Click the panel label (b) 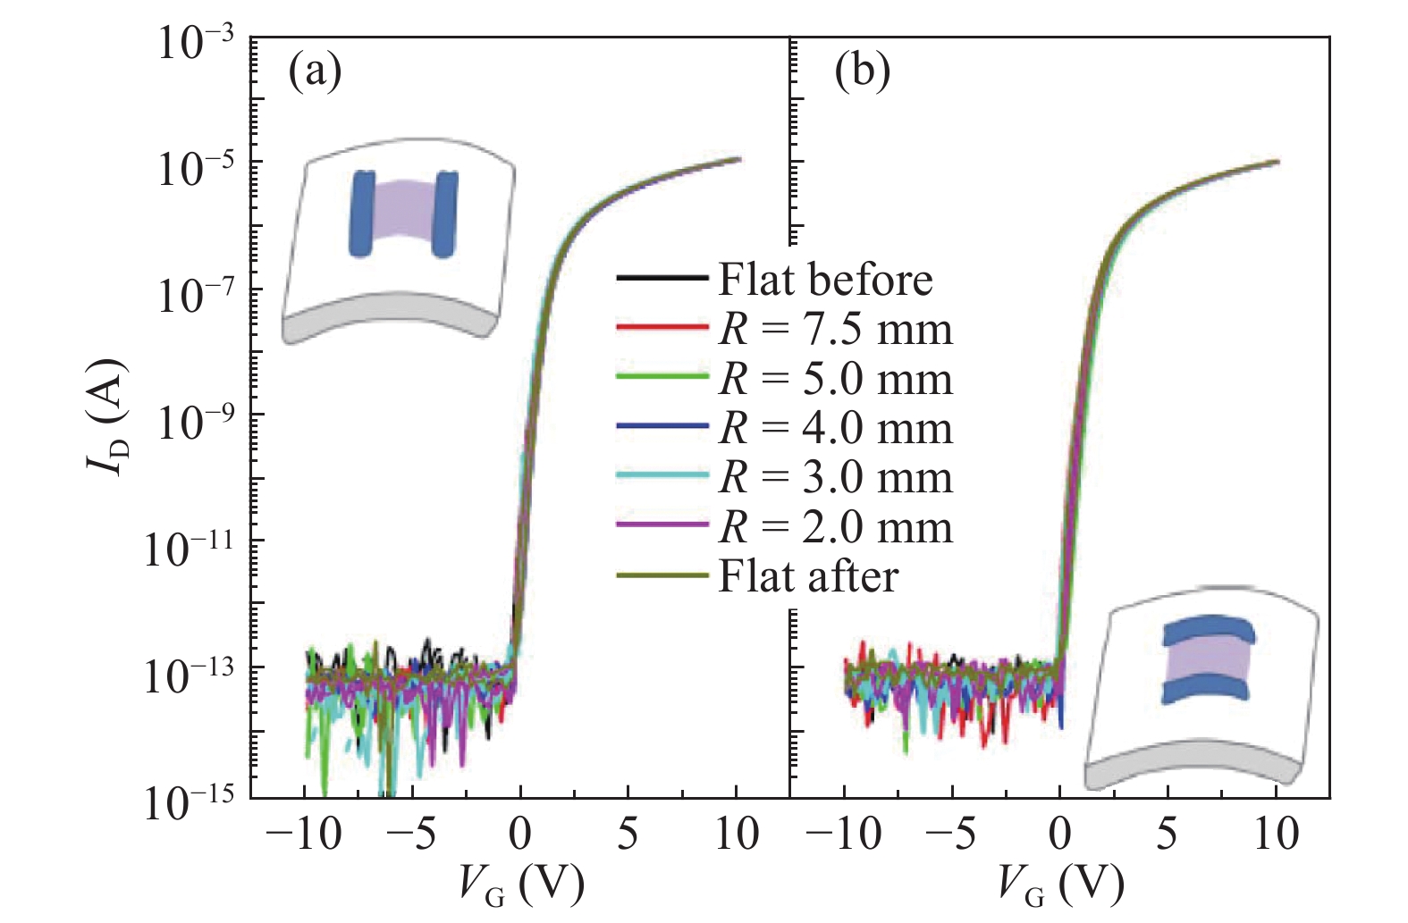tap(862, 71)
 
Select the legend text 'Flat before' tap(825, 280)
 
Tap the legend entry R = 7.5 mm tap(835, 330)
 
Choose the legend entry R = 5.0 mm tap(835, 379)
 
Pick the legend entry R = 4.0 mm tap(835, 428)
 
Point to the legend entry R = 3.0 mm tap(835, 477)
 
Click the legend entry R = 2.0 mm tap(835, 527)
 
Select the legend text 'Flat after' tap(808, 576)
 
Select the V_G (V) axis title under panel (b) tap(1061, 885)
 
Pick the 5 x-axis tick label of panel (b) tap(1168, 835)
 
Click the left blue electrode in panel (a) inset tap(362, 214)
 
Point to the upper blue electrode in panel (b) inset tap(1209, 631)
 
